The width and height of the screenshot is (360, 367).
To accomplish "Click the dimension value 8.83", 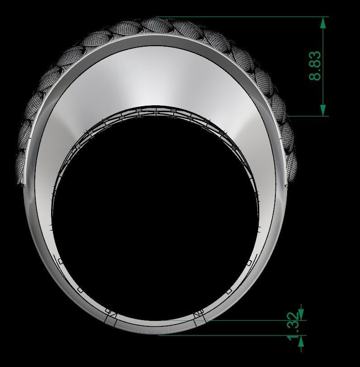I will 315,66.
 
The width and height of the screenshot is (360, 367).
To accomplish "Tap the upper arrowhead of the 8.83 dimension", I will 323,23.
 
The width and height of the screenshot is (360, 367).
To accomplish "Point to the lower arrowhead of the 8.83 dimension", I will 323,110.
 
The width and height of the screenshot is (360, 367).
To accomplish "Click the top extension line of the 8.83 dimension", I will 244,17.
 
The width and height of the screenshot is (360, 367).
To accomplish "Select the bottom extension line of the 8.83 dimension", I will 308,116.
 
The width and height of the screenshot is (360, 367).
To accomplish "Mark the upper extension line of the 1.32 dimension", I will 253,320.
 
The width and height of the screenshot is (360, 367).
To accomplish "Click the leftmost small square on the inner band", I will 60,261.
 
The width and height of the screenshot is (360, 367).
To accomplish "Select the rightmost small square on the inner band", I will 249,263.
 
